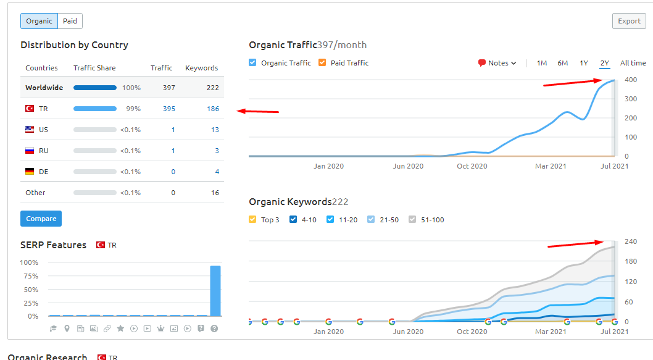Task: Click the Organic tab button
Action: click(39, 21)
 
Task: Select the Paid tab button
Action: click(70, 21)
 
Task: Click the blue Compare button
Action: click(41, 219)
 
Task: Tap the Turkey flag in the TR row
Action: click(30, 108)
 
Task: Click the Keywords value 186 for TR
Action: click(213, 109)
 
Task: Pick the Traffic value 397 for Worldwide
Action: click(168, 88)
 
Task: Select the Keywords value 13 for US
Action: click(215, 130)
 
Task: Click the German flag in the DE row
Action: click(30, 171)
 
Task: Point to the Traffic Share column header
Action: click(94, 68)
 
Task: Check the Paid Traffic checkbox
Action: click(322, 62)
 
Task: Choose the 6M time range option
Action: click(563, 63)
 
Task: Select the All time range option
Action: click(633, 63)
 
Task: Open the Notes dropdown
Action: click(497, 63)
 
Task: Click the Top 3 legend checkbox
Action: click(252, 219)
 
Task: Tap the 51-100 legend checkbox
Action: click(412, 219)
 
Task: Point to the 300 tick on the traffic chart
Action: click(631, 99)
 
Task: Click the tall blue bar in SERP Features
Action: click(215, 291)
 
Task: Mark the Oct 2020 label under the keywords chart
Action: click(472, 332)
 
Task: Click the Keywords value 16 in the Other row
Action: click(215, 193)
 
